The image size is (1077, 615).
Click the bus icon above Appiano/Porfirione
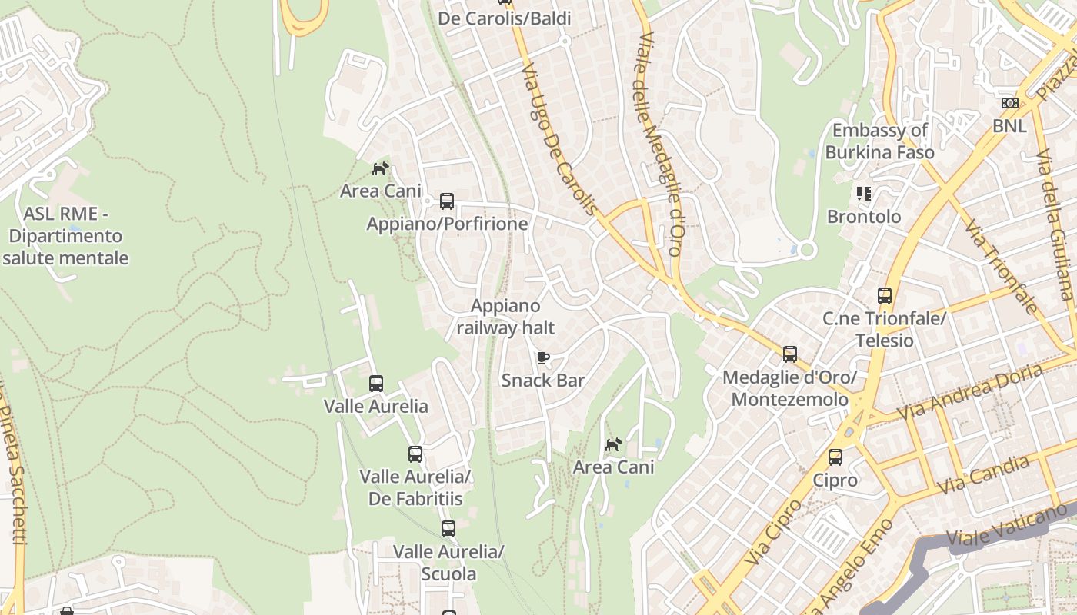coord(446,201)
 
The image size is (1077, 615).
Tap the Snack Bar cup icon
coord(543,357)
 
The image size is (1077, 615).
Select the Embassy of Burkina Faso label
coord(879,141)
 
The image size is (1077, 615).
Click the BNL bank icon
coord(1009,103)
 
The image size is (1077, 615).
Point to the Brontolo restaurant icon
coord(864,194)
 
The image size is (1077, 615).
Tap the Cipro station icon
coord(835,457)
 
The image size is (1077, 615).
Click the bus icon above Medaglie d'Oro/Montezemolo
coord(790,354)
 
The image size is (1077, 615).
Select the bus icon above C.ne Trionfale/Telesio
coord(885,295)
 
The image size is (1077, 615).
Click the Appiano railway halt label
coord(505,317)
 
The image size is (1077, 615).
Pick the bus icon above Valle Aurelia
coord(376,383)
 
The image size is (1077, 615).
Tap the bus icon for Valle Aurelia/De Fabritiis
coord(415,454)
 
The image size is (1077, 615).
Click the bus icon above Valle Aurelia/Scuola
coord(448,528)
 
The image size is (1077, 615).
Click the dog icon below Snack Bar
coord(613,444)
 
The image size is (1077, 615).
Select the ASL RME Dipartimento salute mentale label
coord(65,235)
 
